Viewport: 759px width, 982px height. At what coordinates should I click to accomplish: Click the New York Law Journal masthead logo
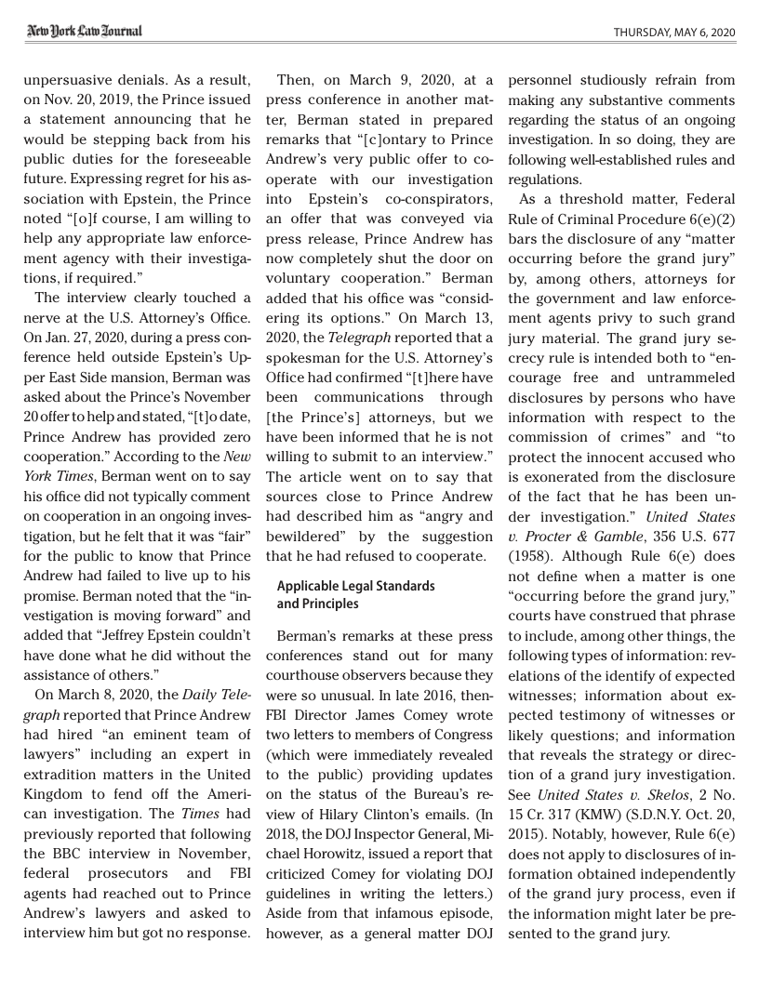84,32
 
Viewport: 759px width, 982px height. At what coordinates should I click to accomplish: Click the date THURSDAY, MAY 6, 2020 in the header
674,33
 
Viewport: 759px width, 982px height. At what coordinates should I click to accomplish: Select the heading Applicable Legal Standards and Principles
355,595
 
